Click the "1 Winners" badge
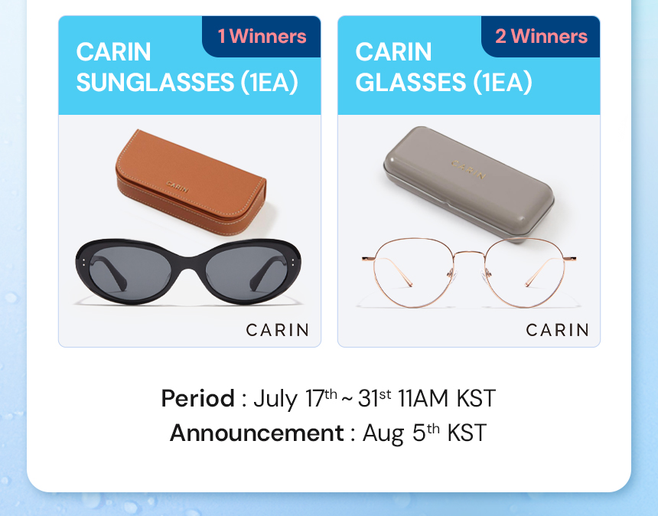pos(262,37)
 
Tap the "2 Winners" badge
pos(540,37)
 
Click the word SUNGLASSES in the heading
pos(155,82)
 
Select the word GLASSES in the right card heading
pos(410,82)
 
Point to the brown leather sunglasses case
pos(191,181)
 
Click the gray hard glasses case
pos(469,184)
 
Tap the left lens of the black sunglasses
pos(135,271)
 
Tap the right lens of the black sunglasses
pos(246,271)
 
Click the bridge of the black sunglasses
pos(188,263)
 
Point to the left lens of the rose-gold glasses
pos(413,272)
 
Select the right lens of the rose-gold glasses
pos(525,272)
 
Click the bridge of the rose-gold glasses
pos(469,253)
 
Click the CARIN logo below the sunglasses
pos(278,330)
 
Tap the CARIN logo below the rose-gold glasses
pos(557,330)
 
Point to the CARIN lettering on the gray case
pos(469,169)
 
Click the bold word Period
pos(197,398)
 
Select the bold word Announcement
pos(257,433)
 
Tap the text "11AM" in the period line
pos(423,398)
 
